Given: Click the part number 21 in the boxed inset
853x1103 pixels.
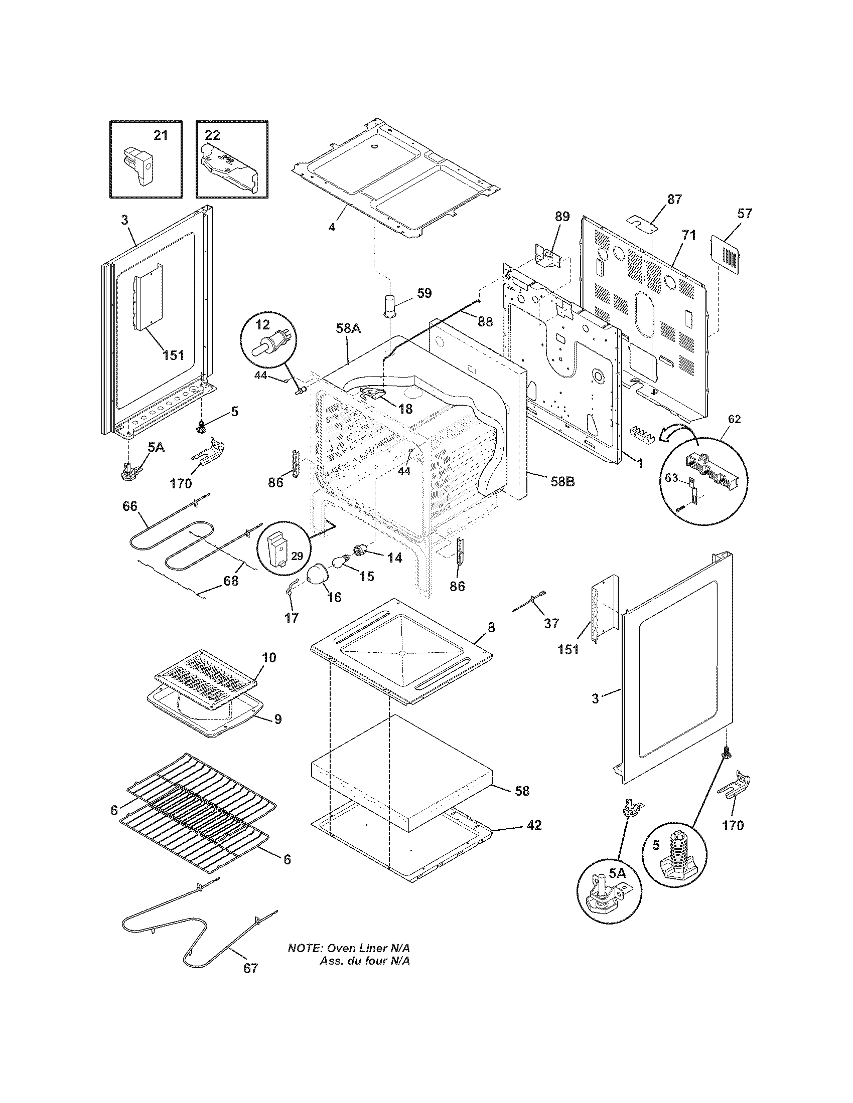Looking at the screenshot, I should pyautogui.click(x=160, y=135).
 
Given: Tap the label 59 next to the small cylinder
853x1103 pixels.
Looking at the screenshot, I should pyautogui.click(x=424, y=293).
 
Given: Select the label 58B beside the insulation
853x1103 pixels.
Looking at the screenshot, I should pyautogui.click(x=562, y=482).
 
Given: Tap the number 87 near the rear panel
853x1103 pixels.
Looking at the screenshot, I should pyautogui.click(x=674, y=199).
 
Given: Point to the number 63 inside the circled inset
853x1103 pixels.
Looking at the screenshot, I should pyautogui.click(x=670, y=477).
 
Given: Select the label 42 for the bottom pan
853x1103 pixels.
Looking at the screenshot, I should pyautogui.click(x=534, y=825).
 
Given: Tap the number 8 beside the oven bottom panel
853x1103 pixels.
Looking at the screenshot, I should pyautogui.click(x=491, y=627).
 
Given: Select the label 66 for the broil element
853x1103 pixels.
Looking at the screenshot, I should pyautogui.click(x=130, y=506).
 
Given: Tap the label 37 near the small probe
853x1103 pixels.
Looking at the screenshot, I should pyautogui.click(x=551, y=623).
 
